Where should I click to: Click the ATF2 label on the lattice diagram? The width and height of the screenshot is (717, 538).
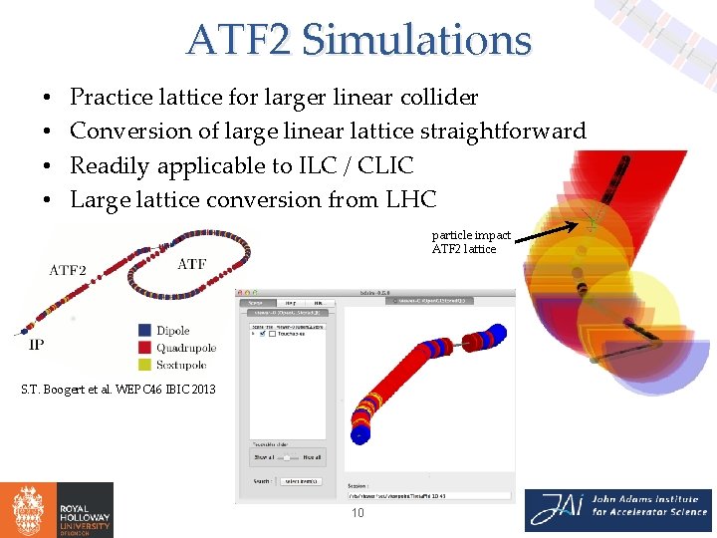pos(68,270)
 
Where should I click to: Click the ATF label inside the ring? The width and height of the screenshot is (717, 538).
pos(191,264)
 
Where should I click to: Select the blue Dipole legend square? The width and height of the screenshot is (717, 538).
pos(145,331)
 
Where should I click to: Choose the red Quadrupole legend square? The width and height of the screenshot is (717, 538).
pos(145,348)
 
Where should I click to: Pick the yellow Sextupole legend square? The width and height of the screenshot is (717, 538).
pos(145,366)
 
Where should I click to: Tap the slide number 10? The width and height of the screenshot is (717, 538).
pos(358,512)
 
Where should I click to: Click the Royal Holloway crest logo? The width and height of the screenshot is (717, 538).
pos(27,510)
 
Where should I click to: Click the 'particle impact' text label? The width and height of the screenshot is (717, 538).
pos(471,235)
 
